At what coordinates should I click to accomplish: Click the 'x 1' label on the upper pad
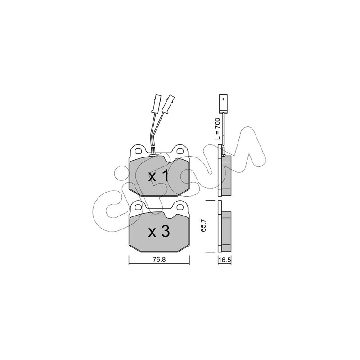[x=159, y=176]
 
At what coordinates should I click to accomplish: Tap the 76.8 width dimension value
[x=159, y=260]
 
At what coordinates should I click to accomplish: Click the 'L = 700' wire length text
[x=217, y=129]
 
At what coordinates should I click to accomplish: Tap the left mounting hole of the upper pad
[x=138, y=151]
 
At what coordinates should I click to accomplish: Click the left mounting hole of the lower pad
[x=138, y=207]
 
